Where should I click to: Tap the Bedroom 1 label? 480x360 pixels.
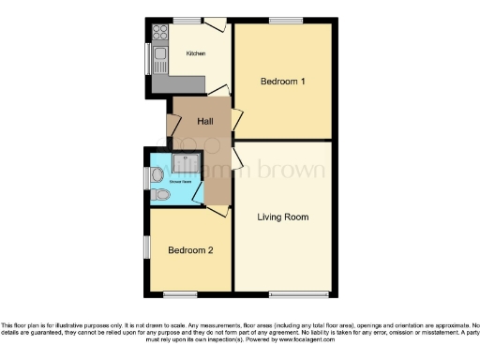point(282,82)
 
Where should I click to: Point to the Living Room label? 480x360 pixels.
point(283,217)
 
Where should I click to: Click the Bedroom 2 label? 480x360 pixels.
point(191,250)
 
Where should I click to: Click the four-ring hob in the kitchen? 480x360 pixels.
point(157,31)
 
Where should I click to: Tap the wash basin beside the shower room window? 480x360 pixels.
point(156,174)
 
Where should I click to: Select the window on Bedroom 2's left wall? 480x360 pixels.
point(145,245)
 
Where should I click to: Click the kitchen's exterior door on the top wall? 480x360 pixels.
point(215,23)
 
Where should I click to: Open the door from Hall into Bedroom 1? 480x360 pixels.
point(236,119)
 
